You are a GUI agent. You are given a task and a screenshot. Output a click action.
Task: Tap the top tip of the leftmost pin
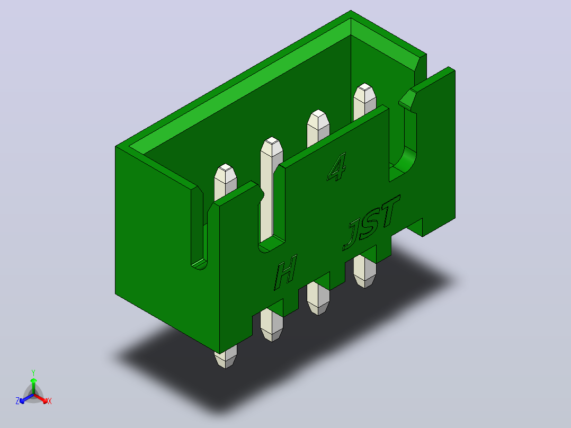(226, 167)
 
